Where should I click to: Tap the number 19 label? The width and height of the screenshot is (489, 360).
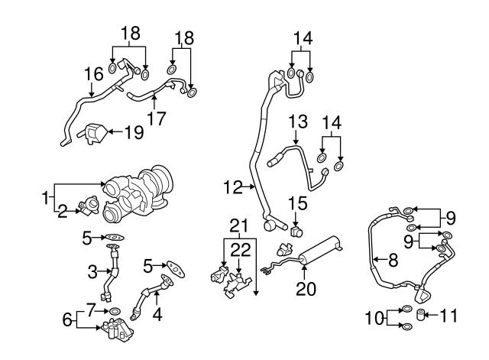click(x=134, y=132)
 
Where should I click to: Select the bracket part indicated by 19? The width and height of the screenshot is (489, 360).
click(x=94, y=135)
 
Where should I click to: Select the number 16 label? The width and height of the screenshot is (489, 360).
click(x=92, y=74)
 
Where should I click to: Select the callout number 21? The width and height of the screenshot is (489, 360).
click(x=240, y=225)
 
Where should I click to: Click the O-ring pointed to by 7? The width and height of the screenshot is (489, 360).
click(x=115, y=313)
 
